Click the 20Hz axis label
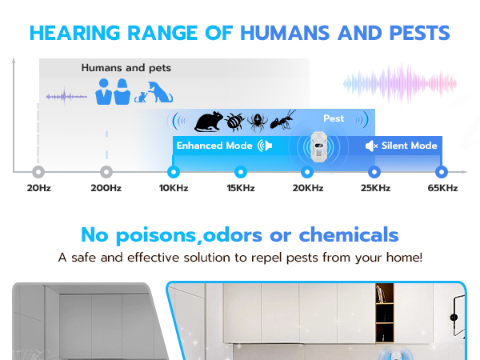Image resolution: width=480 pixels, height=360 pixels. click(38, 188)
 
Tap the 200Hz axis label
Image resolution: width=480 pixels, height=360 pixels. click(106, 188)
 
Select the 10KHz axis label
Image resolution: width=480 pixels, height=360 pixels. click(173, 188)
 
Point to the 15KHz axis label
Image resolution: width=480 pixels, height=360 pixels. click(240, 188)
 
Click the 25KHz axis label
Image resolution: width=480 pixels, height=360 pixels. click(374, 188)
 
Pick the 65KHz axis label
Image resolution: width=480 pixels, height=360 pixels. click(441, 188)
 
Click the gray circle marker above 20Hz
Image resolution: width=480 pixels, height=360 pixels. click(38, 171)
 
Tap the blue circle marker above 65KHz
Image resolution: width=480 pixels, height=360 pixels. click(441, 171)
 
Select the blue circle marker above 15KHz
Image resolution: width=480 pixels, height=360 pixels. click(240, 171)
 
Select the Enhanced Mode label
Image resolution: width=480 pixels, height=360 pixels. click(214, 146)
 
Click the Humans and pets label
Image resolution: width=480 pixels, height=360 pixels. click(126, 68)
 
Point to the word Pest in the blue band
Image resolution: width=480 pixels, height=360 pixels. click(334, 118)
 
